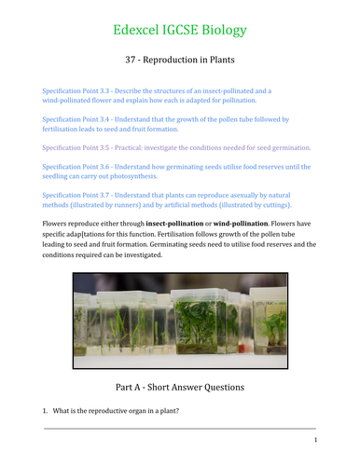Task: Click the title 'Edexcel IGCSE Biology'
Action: coord(180,30)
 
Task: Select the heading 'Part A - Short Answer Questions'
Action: coord(180,384)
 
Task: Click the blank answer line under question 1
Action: coord(180,427)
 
